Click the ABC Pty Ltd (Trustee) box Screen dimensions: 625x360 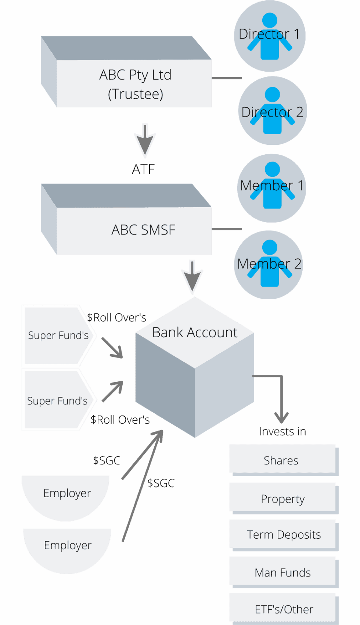[x=135, y=84]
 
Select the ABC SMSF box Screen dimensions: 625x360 [x=143, y=230]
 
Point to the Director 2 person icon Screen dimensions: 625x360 [x=272, y=111]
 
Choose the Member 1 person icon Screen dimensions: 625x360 [x=272, y=186]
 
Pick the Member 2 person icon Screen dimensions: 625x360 [x=270, y=263]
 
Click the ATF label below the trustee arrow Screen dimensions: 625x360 [x=144, y=169]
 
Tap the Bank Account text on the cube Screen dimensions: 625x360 [x=195, y=333]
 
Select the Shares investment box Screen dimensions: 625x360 [x=281, y=460]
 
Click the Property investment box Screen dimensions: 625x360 [x=282, y=499]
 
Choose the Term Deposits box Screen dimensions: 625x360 [x=283, y=535]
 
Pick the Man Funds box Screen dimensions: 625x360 [x=282, y=572]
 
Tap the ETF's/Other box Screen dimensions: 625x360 [x=284, y=609]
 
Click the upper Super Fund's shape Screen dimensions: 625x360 [x=58, y=335]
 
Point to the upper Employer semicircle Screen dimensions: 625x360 [x=66, y=494]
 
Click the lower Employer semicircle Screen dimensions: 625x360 [x=67, y=547]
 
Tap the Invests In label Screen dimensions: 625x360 [x=282, y=431]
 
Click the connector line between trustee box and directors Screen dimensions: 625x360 [x=227, y=78]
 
